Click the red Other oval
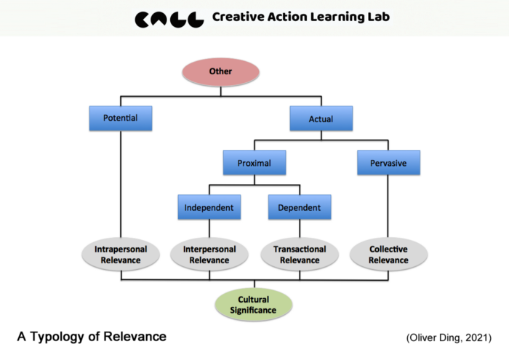[220, 71]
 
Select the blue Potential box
[121, 117]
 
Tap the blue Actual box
[321, 118]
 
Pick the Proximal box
[254, 164]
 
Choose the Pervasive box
[388, 164]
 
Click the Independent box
[209, 208]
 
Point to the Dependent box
[299, 208]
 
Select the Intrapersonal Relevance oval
[121, 255]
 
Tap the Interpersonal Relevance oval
[209, 255]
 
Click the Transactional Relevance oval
[299, 255]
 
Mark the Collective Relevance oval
[388, 255]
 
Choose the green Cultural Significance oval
[254, 305]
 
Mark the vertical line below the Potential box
[121, 182]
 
